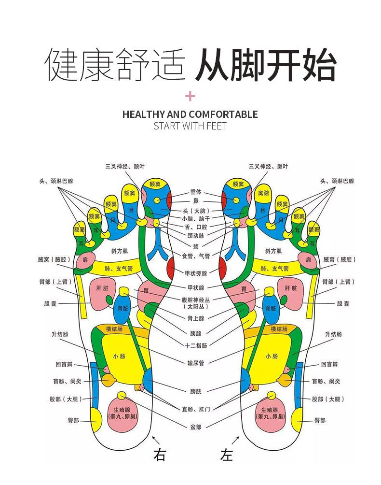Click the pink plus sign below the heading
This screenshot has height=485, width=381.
tap(190, 96)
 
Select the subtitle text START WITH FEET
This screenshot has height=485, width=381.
tap(190, 127)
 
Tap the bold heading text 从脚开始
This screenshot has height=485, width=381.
tap(266, 65)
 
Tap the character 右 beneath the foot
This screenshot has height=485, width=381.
tap(160, 454)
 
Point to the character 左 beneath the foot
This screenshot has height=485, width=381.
tap(226, 454)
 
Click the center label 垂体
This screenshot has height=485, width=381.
tap(195, 192)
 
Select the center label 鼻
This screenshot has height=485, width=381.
tap(195, 201)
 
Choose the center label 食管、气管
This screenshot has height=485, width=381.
tap(195, 255)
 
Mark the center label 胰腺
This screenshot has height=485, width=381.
tap(195, 333)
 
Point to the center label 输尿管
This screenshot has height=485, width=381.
tap(195, 363)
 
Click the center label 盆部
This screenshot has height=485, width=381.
tap(195, 427)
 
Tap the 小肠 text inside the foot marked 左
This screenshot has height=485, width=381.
tap(272, 356)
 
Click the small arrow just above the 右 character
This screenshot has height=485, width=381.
tap(155, 440)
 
